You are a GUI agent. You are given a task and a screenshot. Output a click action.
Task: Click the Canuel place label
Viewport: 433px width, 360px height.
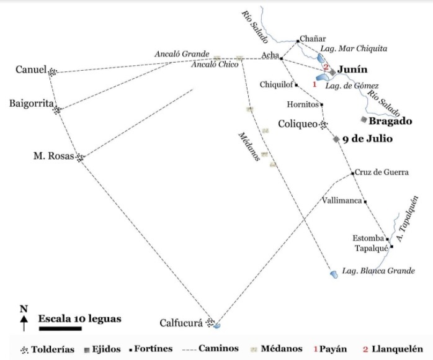pyautogui.click(x=31, y=70)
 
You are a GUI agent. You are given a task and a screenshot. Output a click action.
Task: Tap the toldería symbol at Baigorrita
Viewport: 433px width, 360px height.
pyautogui.click(x=57, y=110)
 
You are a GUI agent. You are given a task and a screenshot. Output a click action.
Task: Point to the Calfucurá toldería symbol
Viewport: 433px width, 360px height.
pyautogui.click(x=211, y=322)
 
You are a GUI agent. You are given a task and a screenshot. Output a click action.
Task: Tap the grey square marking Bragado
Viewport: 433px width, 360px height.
pyautogui.click(x=364, y=119)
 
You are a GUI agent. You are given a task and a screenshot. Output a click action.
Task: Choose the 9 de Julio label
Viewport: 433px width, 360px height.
pyautogui.click(x=367, y=139)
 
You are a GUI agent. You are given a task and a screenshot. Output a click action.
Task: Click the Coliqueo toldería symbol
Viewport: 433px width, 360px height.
pyautogui.click(x=323, y=125)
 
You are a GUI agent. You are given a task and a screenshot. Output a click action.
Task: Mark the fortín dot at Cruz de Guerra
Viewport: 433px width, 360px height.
pyautogui.click(x=352, y=173)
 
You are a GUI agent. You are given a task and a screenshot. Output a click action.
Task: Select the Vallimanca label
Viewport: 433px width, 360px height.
pyautogui.click(x=342, y=200)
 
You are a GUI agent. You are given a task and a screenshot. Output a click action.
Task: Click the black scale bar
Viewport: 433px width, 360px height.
pyautogui.click(x=61, y=329)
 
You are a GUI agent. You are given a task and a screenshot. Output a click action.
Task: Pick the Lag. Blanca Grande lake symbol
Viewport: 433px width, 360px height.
pyautogui.click(x=333, y=272)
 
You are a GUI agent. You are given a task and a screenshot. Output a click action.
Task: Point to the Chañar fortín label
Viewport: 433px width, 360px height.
pyautogui.click(x=313, y=38)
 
